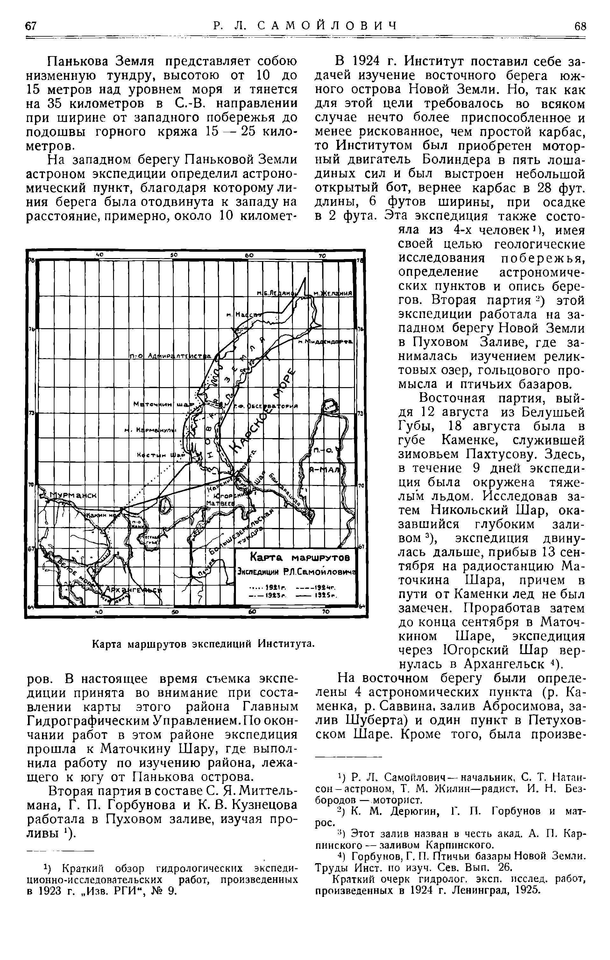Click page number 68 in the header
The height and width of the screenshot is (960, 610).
[580, 26]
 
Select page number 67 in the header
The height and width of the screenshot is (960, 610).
[31, 26]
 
